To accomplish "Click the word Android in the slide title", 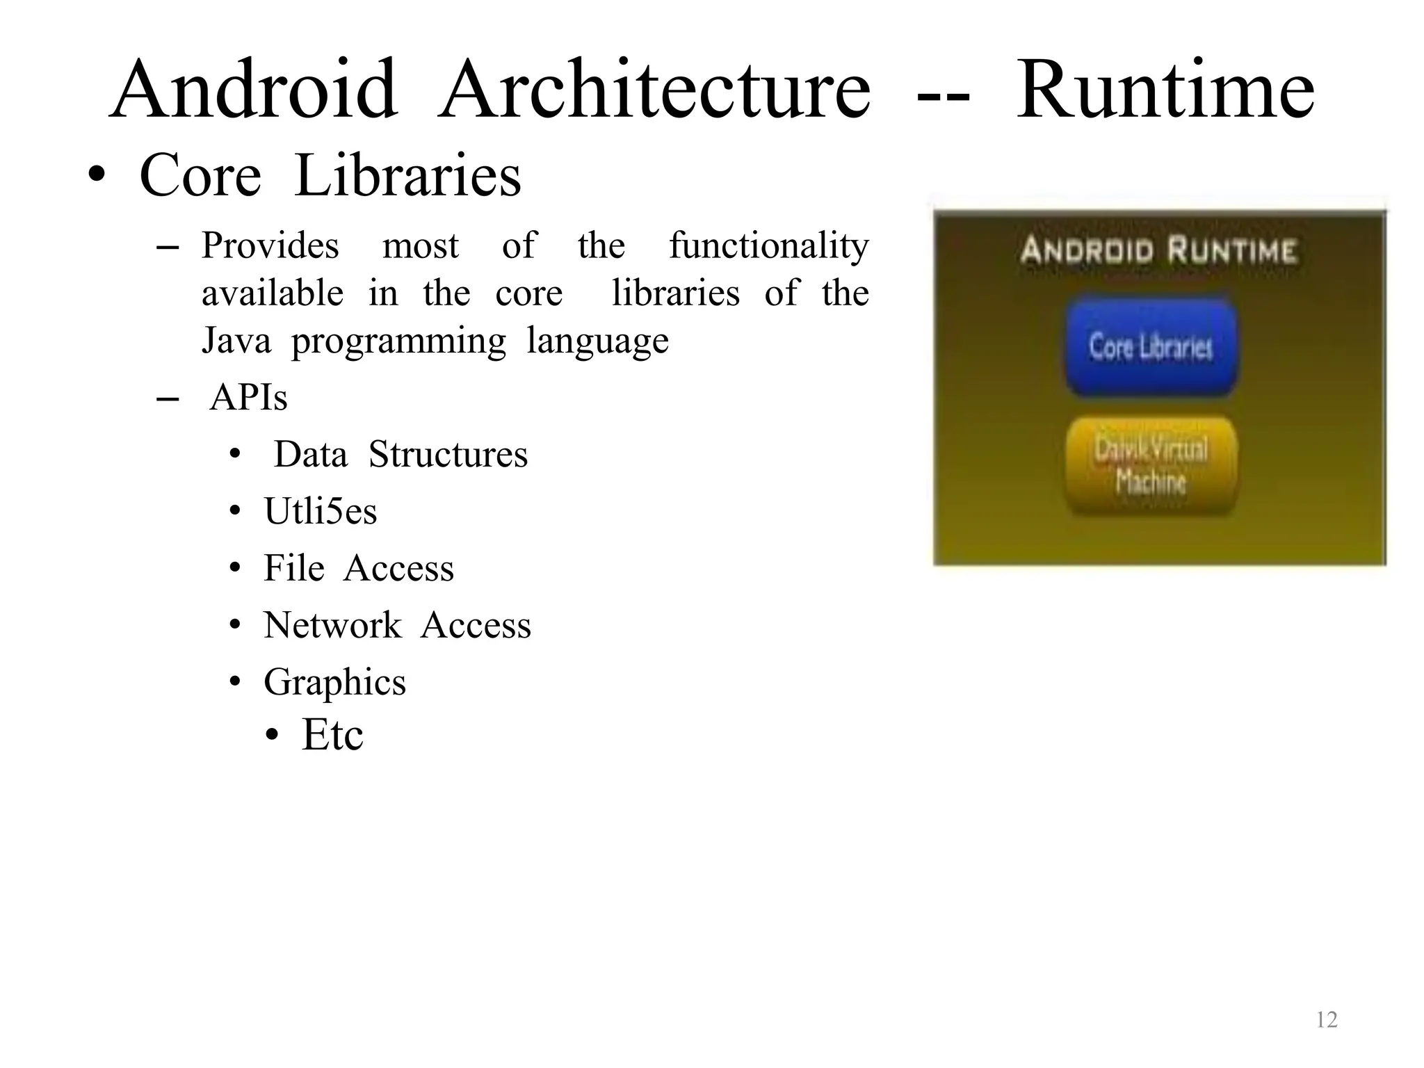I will pyautogui.click(x=254, y=90).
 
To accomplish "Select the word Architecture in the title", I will pyautogui.click(x=654, y=90).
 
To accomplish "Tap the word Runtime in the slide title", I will pyautogui.click(x=1165, y=90).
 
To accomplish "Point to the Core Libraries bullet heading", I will pyautogui.click(x=330, y=175).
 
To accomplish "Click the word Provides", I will pyautogui.click(x=270, y=246).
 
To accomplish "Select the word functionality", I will pyautogui.click(x=768, y=246).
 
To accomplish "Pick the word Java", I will pyautogui.click(x=236, y=341).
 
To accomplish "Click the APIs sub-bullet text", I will pyautogui.click(x=248, y=398).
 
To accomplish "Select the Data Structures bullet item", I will pyautogui.click(x=400, y=455).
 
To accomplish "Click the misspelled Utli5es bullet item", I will pyautogui.click(x=321, y=512).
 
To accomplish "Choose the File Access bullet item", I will pyautogui.click(x=359, y=568).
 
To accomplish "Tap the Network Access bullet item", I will pyautogui.click(x=397, y=625).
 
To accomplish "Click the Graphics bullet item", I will pyautogui.click(x=334, y=682).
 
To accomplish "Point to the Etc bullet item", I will pyautogui.click(x=332, y=735).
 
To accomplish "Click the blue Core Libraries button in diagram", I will pyautogui.click(x=1151, y=347).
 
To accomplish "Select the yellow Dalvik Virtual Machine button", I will pyautogui.click(x=1151, y=465).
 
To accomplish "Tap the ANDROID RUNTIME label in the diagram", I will pyautogui.click(x=1158, y=250).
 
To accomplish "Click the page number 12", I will pyautogui.click(x=1327, y=1019).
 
